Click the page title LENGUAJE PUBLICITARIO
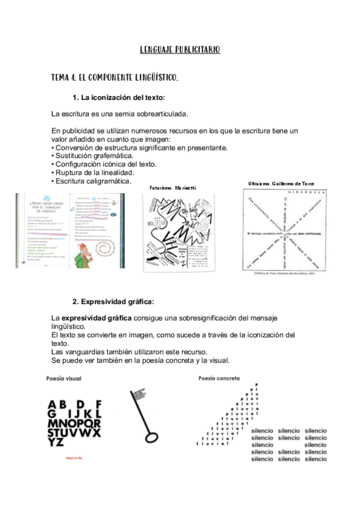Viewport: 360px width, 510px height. [x=180, y=50]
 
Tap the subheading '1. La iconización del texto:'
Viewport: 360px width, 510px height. [x=118, y=97]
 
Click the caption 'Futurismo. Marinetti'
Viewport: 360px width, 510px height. [x=173, y=188]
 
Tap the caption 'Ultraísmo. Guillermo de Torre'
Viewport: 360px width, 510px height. [x=281, y=183]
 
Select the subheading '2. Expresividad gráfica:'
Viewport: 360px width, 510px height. [x=114, y=301]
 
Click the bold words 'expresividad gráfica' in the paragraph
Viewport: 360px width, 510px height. [x=97, y=317]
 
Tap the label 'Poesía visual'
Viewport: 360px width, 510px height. [x=64, y=379]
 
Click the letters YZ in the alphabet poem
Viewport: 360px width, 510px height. [x=56, y=442]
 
